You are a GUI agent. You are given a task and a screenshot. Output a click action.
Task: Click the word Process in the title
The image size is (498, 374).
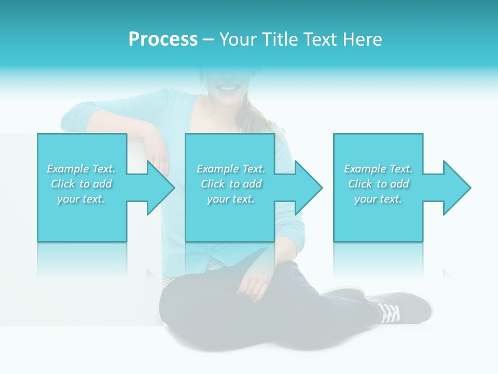click(x=163, y=39)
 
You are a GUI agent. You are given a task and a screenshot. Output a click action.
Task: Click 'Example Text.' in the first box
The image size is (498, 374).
click(x=81, y=169)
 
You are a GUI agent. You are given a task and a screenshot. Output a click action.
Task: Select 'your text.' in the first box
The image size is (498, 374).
click(x=81, y=199)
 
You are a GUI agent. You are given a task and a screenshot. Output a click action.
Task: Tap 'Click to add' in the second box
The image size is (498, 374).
click(x=231, y=184)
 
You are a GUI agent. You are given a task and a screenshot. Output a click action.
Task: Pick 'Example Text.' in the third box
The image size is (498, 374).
click(x=378, y=169)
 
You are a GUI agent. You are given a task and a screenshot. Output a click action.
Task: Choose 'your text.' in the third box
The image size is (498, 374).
click(x=378, y=199)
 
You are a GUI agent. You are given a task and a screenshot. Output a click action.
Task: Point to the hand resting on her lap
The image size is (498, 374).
click(x=256, y=286)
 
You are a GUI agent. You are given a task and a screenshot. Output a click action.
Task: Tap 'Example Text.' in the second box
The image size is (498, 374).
click(x=231, y=169)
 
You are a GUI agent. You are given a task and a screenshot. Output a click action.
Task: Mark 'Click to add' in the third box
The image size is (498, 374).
click(x=378, y=184)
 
